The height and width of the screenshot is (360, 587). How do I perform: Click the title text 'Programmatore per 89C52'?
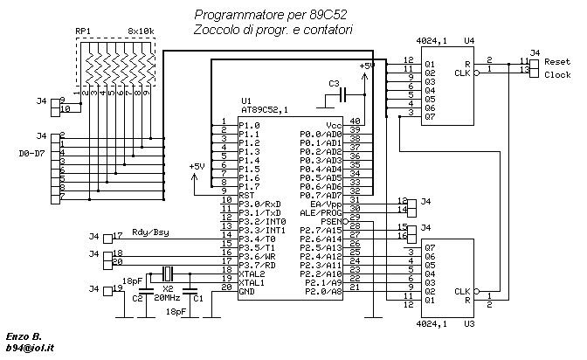point(270,15)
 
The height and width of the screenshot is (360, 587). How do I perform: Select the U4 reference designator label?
point(469,40)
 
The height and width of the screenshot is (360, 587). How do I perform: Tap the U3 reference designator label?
point(469,323)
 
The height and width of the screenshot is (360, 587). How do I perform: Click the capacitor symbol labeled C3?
point(343,94)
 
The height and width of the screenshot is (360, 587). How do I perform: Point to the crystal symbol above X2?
point(168,273)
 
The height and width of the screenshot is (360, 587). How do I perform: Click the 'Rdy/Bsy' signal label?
point(150,232)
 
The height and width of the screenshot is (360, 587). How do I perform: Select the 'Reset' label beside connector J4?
point(557,61)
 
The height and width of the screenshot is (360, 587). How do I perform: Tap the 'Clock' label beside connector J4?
point(557,74)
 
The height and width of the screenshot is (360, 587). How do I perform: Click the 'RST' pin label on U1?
point(246,195)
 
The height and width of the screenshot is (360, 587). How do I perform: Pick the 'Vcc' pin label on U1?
point(334,125)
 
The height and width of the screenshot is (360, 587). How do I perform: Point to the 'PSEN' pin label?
point(331,221)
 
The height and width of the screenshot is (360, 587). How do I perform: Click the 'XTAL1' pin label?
point(252,282)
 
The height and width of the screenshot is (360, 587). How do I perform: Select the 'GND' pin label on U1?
point(246,291)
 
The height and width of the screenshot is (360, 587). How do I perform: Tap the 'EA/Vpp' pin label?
point(326,204)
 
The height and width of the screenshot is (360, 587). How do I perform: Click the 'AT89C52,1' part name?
point(265,110)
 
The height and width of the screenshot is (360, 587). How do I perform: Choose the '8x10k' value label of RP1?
point(142,31)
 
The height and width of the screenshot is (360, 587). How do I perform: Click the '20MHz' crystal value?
point(168,298)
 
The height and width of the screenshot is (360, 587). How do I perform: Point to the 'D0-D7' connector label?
point(31,153)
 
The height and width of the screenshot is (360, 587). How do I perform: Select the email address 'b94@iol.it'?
point(30,348)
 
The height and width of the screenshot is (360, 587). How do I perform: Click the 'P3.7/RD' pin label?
point(257,266)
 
